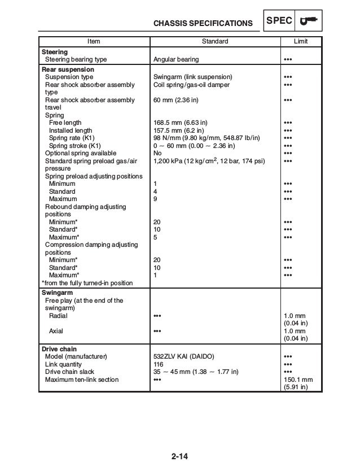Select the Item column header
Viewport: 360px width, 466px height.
[94, 42]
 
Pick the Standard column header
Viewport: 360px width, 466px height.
[215, 42]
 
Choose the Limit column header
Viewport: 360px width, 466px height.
[301, 42]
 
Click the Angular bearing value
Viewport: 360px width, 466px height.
[176, 59]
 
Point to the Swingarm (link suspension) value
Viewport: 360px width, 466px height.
[192, 77]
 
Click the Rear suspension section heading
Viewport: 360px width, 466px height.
[68, 69]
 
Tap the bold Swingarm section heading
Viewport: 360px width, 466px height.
[57, 293]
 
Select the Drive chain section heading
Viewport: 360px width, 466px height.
[59, 349]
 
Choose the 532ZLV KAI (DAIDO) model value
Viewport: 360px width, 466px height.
[183, 357]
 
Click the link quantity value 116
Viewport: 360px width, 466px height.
[159, 364]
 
